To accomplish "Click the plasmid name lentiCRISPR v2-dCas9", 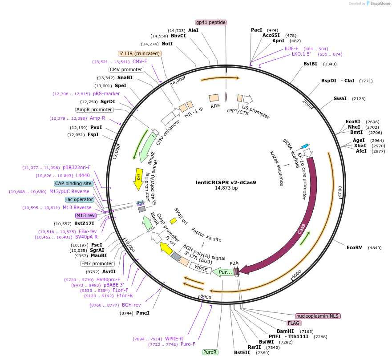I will (x=226, y=182).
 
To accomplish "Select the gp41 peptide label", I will (x=211, y=22).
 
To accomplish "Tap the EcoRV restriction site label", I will (x=355, y=247).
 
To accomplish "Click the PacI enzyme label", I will (x=256, y=30).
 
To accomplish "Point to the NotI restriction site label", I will (x=167, y=44).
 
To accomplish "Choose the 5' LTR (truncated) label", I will (x=139, y=53).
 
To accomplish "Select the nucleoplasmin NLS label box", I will (x=317, y=316).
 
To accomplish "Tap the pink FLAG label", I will (x=294, y=323).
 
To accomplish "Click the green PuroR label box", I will (x=210, y=352).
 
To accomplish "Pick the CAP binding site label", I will (x=73, y=183).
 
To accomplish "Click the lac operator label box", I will (x=79, y=199).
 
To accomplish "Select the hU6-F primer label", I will (x=292, y=49).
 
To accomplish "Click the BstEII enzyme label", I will (x=242, y=352).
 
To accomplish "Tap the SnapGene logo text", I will (x=379, y=4).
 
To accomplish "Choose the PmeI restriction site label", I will (x=142, y=313).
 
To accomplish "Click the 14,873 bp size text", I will (x=226, y=188).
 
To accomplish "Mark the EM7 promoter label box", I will (x=97, y=263).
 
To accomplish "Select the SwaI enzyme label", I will (x=340, y=98).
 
